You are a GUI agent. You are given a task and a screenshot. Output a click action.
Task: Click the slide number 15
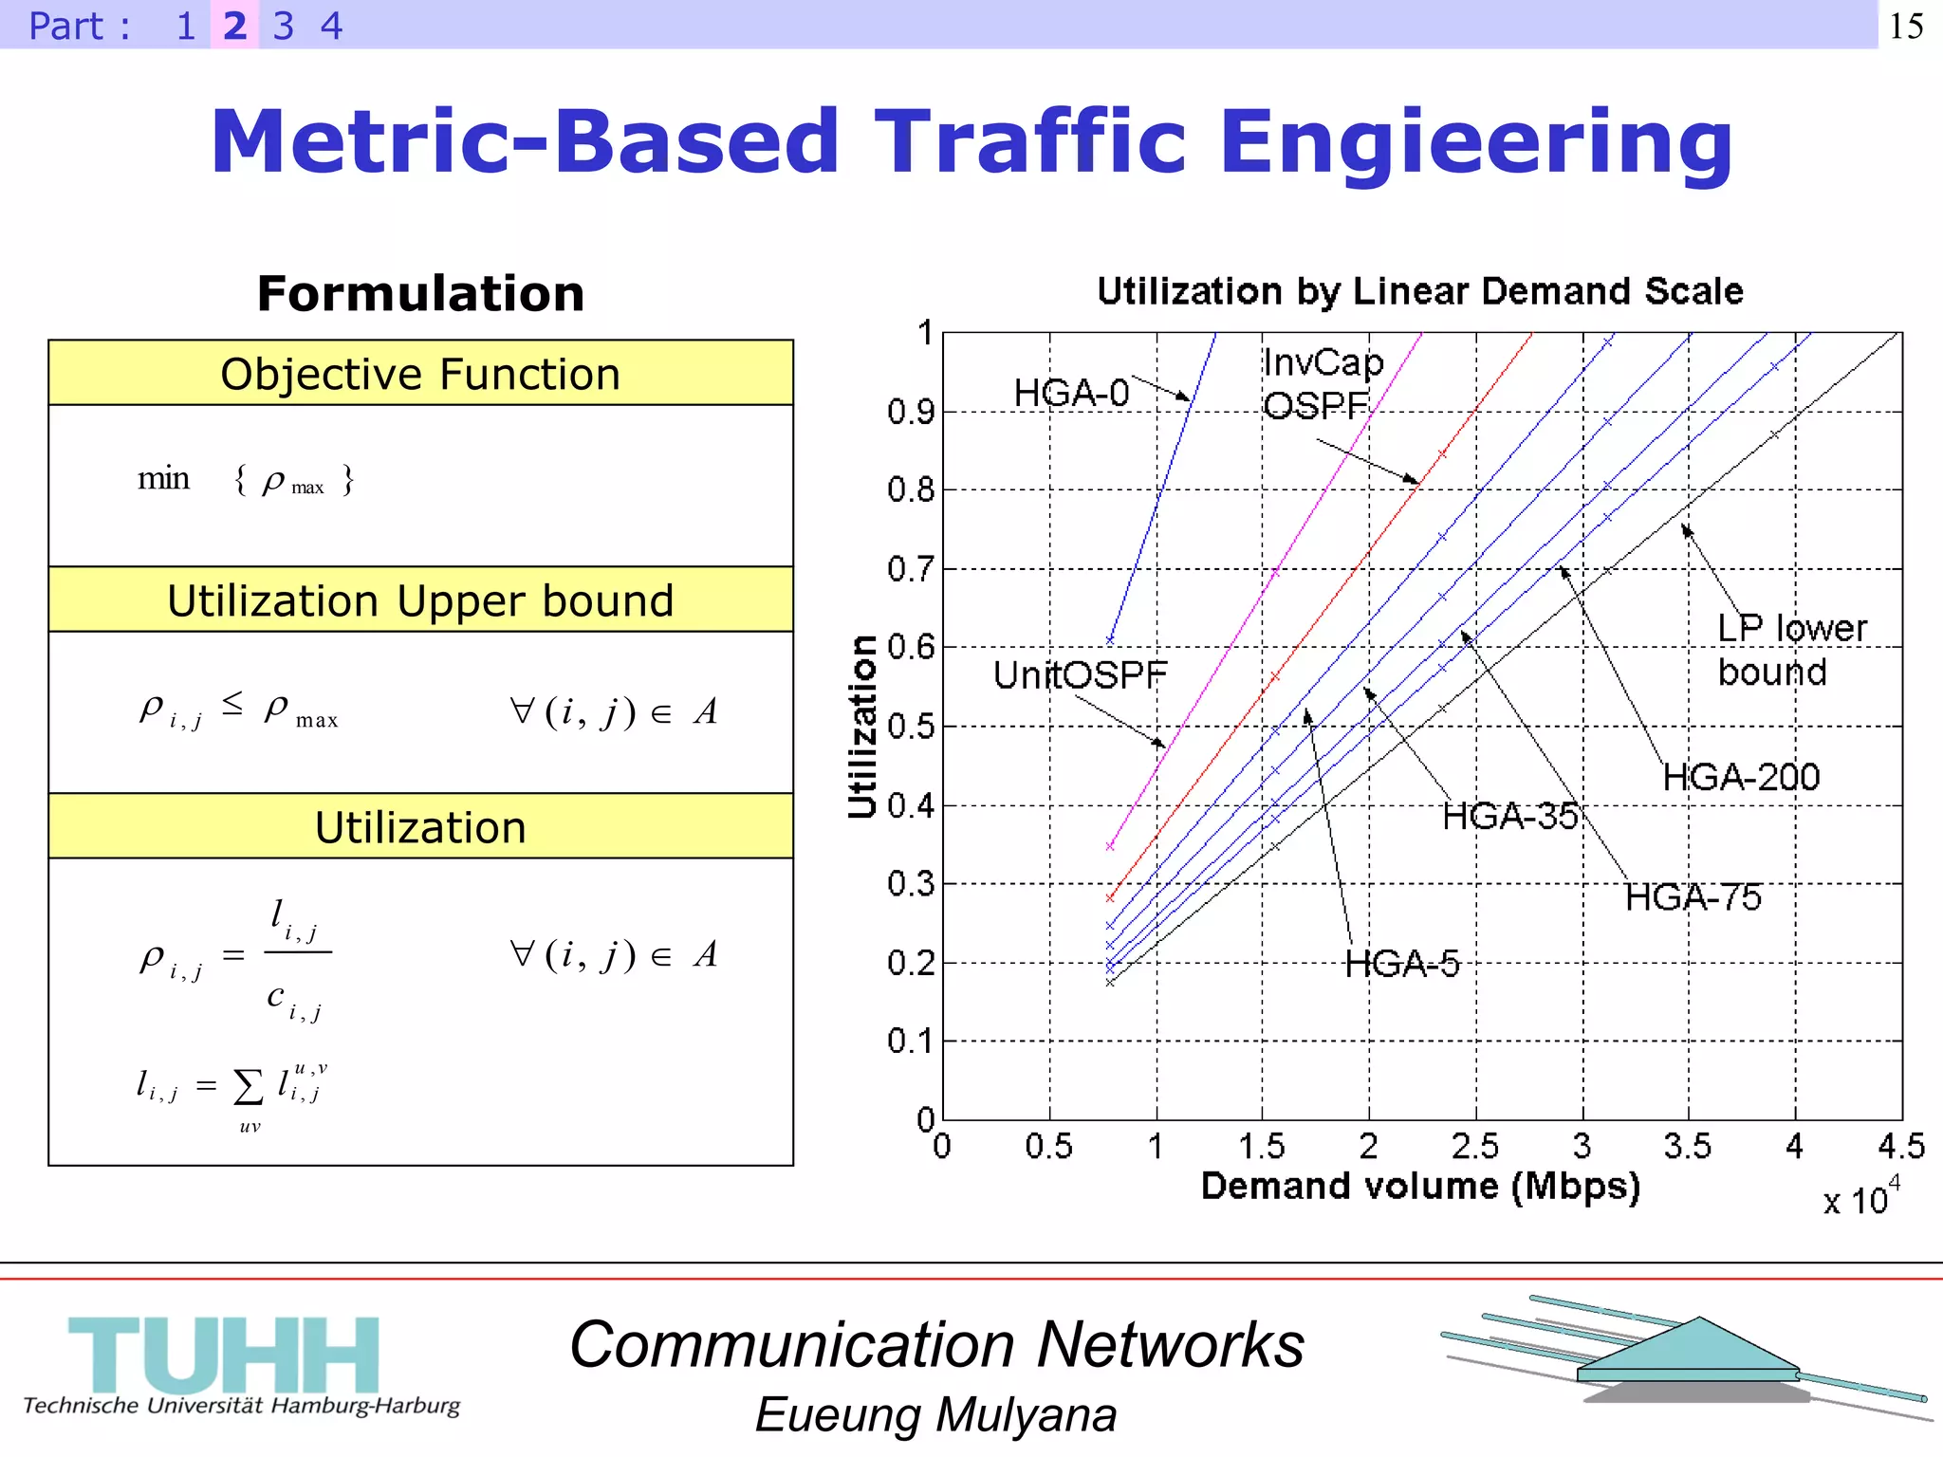pos(1906,26)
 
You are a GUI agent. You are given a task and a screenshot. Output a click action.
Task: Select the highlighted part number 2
pos(234,26)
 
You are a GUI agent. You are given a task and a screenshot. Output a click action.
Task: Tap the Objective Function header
pos(420,374)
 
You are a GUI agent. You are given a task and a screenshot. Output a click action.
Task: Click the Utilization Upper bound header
pos(420,600)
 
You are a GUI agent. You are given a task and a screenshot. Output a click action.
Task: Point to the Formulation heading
pos(420,293)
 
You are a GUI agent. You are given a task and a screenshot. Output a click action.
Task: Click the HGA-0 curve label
pos(1071,393)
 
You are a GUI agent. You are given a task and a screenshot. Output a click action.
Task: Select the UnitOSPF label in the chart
pos(1080,675)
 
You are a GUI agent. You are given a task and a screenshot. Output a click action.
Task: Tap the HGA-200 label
pos(1741,778)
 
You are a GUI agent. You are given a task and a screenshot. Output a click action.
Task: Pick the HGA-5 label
pos(1402,964)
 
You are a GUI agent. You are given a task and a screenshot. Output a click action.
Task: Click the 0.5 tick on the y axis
pos(911,728)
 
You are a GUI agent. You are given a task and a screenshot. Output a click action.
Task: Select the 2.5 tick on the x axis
pos(1475,1147)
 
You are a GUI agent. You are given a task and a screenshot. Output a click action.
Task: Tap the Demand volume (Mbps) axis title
pos(1420,1187)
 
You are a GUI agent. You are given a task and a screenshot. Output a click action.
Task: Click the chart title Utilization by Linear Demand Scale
pos(1420,291)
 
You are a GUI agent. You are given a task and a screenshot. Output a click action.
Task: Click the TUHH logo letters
pos(224,1355)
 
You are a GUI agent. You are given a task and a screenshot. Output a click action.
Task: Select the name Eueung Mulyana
pos(935,1415)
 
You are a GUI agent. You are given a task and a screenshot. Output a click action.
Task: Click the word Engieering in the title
pos(1475,142)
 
